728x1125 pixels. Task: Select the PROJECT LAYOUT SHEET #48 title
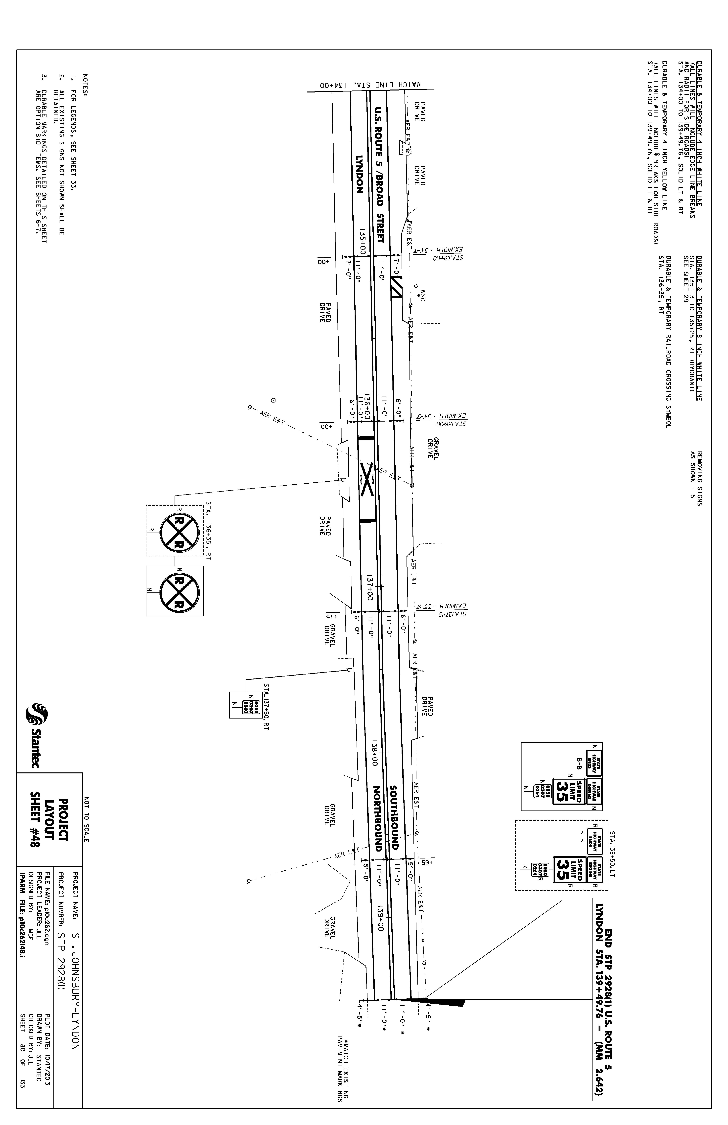[50, 822]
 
